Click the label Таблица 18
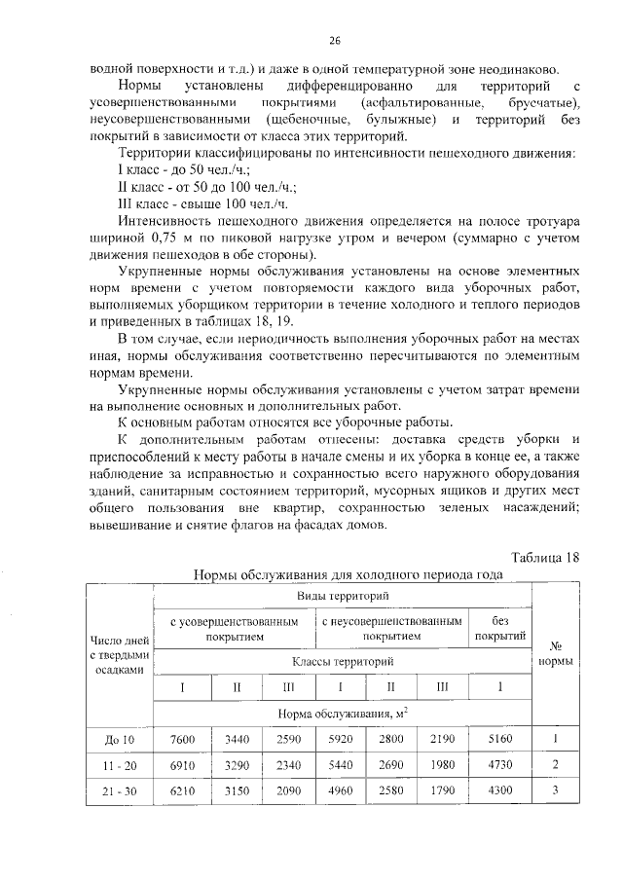pos(545,557)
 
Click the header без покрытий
pos(500,628)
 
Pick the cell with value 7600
pos(182,740)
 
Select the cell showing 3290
pos(235,765)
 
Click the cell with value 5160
pos(500,740)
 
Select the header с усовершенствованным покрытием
pos(235,628)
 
